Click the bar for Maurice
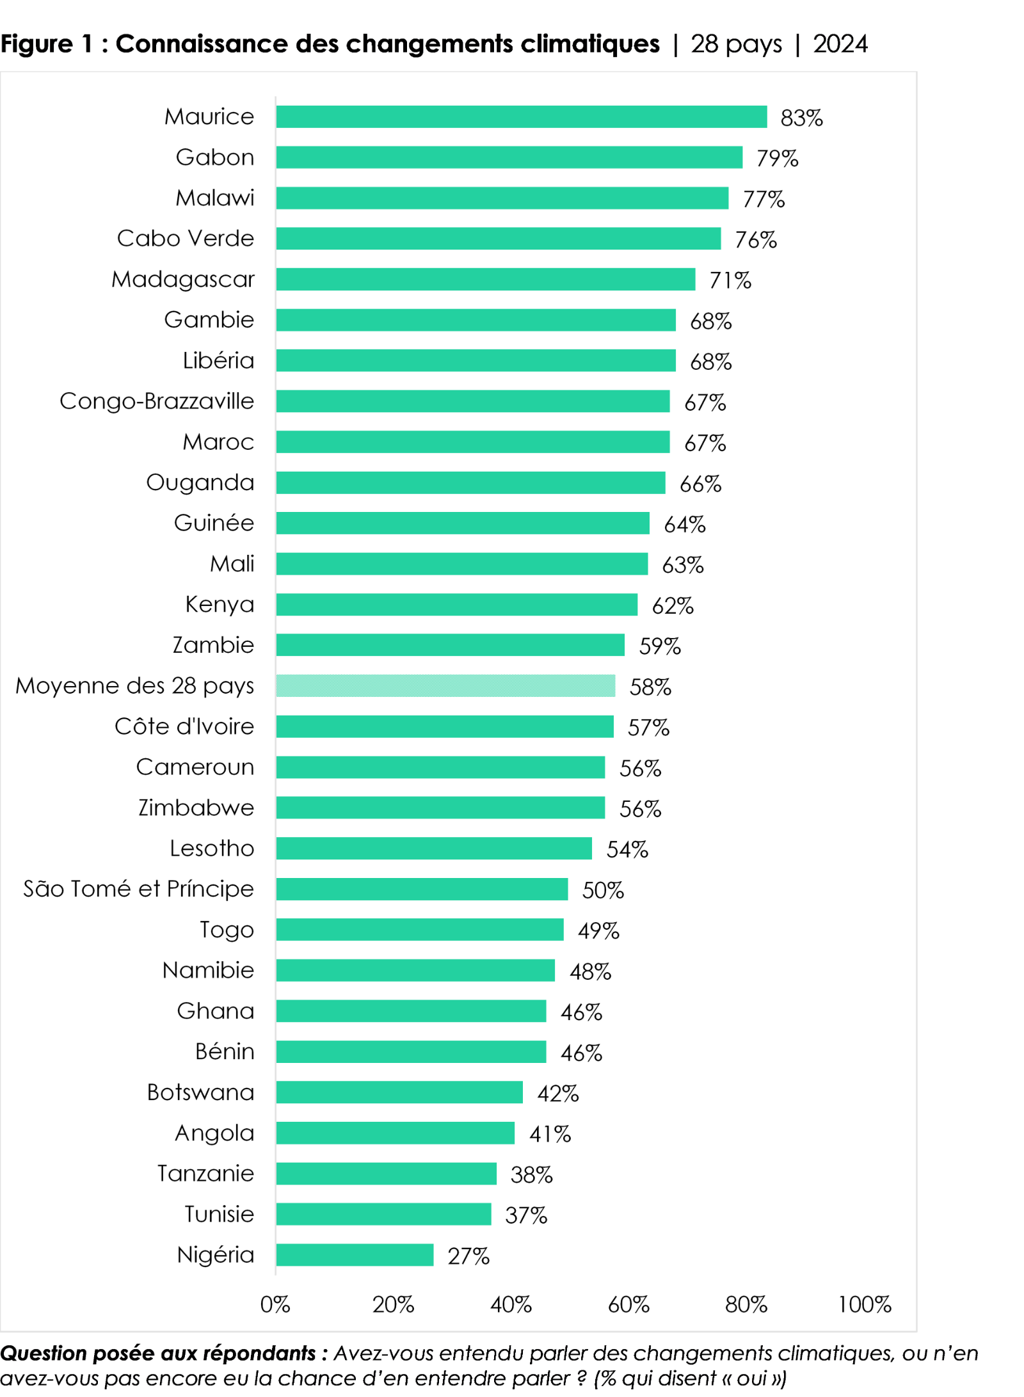click(x=521, y=117)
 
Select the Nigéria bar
click(x=355, y=1255)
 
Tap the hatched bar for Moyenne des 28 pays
click(x=445, y=686)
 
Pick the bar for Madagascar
click(x=485, y=280)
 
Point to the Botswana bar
click(x=399, y=1092)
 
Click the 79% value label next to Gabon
click(x=777, y=158)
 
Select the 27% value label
click(x=468, y=1256)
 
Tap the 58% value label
click(x=650, y=687)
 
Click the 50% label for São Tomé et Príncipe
click(x=603, y=890)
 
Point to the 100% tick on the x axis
click(x=865, y=1304)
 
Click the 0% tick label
click(x=275, y=1304)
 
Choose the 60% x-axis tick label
click(x=628, y=1304)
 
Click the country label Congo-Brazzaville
click(x=157, y=401)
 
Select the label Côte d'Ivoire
click(x=184, y=726)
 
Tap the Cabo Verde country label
click(x=186, y=239)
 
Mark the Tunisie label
click(x=220, y=1214)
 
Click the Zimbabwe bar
click(x=440, y=808)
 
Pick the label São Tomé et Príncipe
click(x=139, y=889)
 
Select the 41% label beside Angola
click(x=550, y=1134)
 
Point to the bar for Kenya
click(x=456, y=605)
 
